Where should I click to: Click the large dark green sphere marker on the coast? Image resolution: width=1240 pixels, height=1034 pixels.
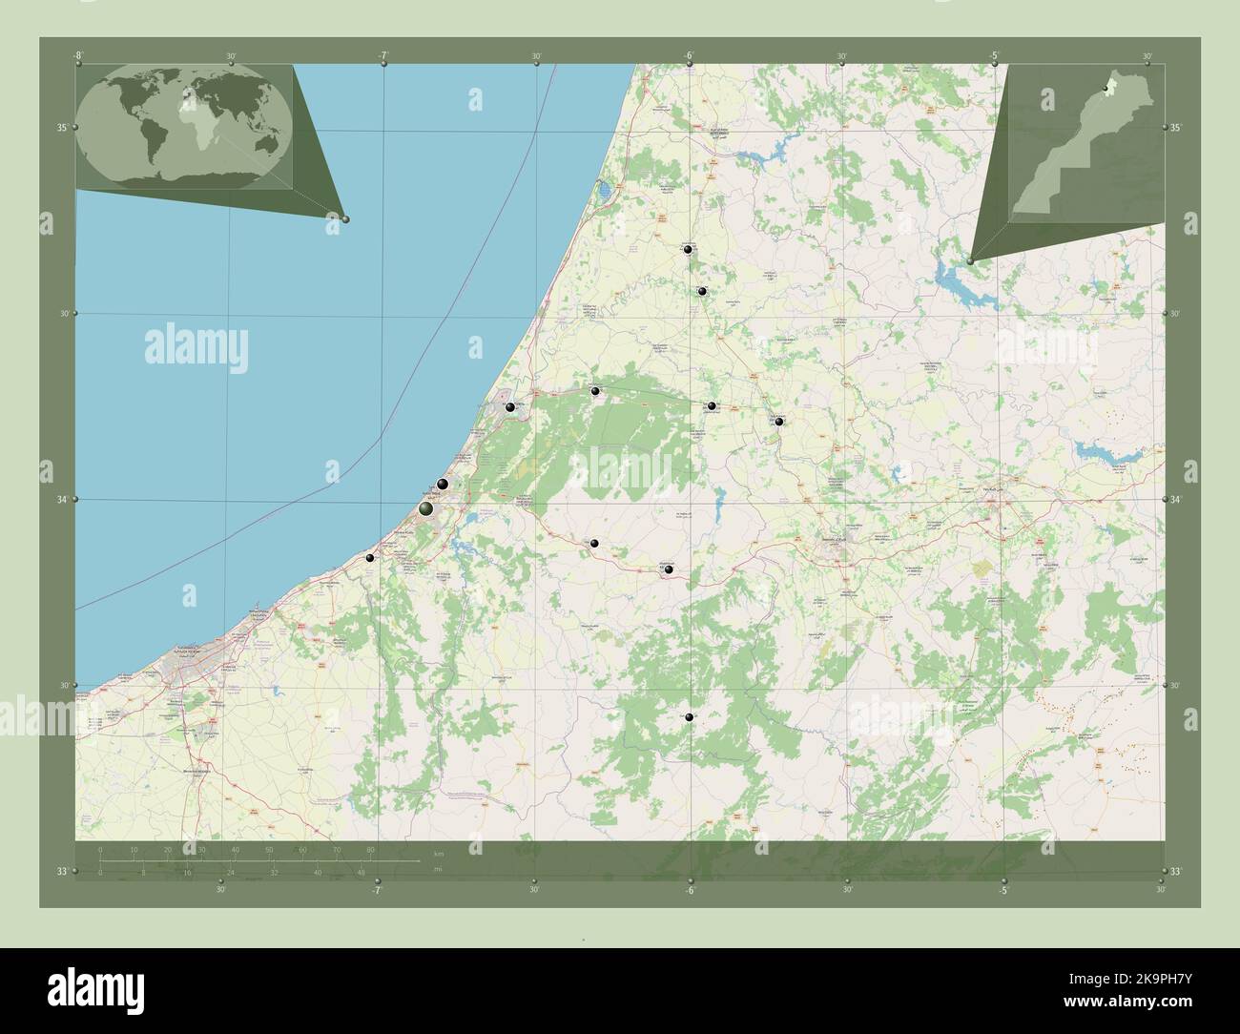pos(426,508)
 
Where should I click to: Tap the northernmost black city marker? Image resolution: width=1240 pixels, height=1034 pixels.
pos(689,249)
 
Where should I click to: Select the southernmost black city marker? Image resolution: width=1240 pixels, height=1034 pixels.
pos(689,717)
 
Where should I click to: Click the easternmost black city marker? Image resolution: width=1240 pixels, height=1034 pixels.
pos(779,421)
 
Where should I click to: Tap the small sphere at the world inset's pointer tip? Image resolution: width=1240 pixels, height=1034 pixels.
pos(345,219)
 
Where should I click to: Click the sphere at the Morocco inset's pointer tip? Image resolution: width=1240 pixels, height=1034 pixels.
pos(969,260)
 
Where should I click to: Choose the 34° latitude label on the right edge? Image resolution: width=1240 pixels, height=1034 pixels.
pos(1176,499)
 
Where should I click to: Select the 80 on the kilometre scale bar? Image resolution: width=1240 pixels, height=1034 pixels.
pos(370,849)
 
